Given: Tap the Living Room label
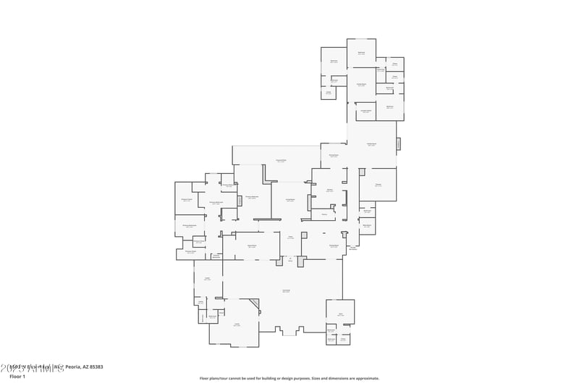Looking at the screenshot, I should pyautogui.click(x=289, y=201).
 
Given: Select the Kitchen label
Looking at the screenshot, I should pyautogui.click(x=329, y=190).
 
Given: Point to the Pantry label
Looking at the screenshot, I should pyautogui.click(x=325, y=214).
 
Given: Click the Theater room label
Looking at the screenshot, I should pyautogui.click(x=378, y=185).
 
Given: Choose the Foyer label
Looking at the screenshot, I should pyautogui.click(x=290, y=237).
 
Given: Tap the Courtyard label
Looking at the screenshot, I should pyautogui.click(x=286, y=291).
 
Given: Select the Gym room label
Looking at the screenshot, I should pyautogui.click(x=340, y=314).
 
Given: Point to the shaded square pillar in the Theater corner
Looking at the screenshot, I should pyautogui.click(x=362, y=172).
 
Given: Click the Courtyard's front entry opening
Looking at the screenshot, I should pyautogui.click(x=289, y=333).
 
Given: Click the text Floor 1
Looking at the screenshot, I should pyautogui.click(x=17, y=377).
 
